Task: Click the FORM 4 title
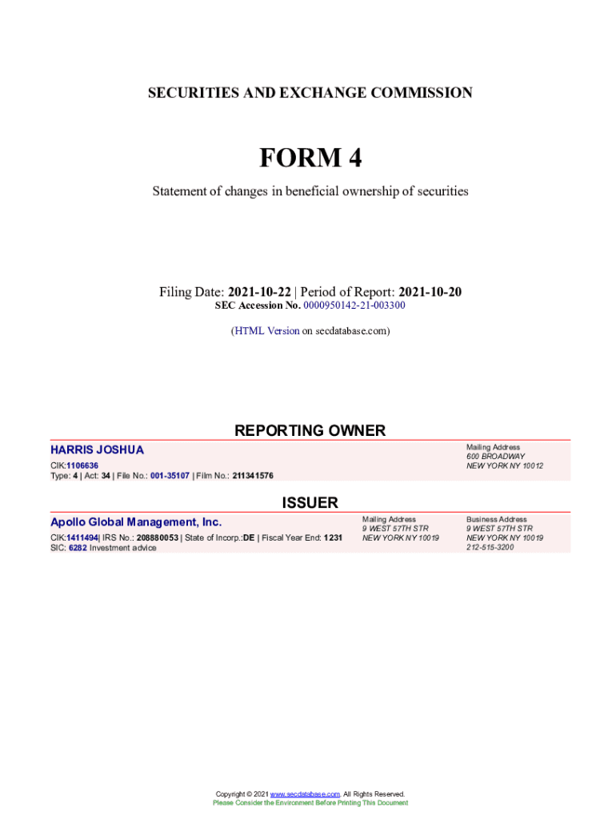(310, 158)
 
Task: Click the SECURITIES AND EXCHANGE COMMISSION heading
(310, 93)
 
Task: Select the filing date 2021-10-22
(259, 292)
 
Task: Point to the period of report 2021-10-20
(430, 292)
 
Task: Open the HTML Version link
(266, 330)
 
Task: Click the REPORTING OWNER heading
(310, 430)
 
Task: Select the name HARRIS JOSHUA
(98, 450)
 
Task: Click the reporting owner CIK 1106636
(82, 465)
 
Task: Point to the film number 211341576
(253, 476)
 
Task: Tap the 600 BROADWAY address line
(495, 456)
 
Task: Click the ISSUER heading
(310, 502)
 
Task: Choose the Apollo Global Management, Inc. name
(136, 522)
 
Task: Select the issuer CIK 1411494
(82, 537)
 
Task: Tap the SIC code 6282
(78, 548)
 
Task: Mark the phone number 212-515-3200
(490, 547)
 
